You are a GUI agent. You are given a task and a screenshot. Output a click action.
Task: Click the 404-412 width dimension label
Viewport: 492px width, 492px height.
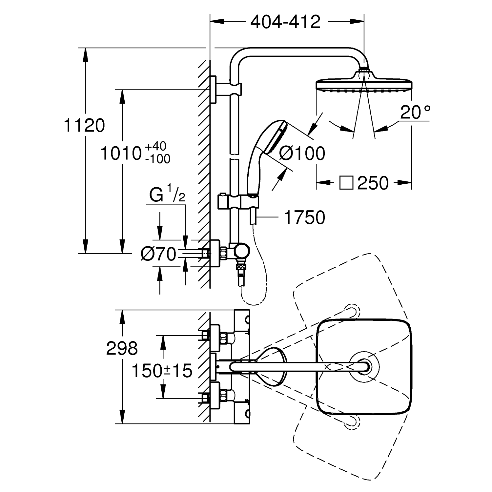285,22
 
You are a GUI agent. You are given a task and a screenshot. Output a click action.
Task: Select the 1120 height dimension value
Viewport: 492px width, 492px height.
85,126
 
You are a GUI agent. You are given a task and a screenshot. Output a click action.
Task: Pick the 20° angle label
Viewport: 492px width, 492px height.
415,112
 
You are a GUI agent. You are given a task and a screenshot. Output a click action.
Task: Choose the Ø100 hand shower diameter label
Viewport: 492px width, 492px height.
302,153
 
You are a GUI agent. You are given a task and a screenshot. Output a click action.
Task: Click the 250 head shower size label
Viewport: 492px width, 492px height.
373,183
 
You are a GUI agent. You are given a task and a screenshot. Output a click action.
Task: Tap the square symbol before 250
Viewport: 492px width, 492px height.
346,183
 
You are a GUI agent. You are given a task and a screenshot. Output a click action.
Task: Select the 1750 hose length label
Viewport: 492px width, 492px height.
305,217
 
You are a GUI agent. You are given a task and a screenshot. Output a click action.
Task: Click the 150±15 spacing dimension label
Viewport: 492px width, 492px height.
162,371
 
